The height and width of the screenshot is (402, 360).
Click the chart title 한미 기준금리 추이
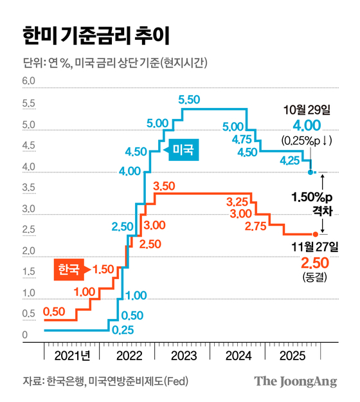(x=96, y=35)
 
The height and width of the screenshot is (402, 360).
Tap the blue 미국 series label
(x=185, y=151)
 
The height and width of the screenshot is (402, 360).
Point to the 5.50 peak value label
(x=190, y=99)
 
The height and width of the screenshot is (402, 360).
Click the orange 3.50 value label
(x=165, y=186)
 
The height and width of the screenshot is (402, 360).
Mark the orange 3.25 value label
(x=239, y=201)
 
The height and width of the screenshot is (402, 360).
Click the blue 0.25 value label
(x=123, y=331)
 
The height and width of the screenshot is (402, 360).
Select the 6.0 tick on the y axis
(x=28, y=82)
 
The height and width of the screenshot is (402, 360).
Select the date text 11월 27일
(x=314, y=246)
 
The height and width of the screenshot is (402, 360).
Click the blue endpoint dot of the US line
(x=311, y=172)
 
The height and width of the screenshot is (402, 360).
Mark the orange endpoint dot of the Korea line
(x=315, y=234)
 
